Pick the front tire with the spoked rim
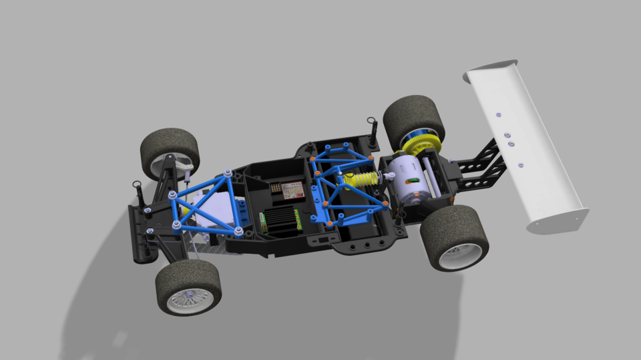pos(188,287)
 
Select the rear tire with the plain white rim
pos(454,237)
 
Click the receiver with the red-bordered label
pos(292,191)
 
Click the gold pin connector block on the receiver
pos(276,189)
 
